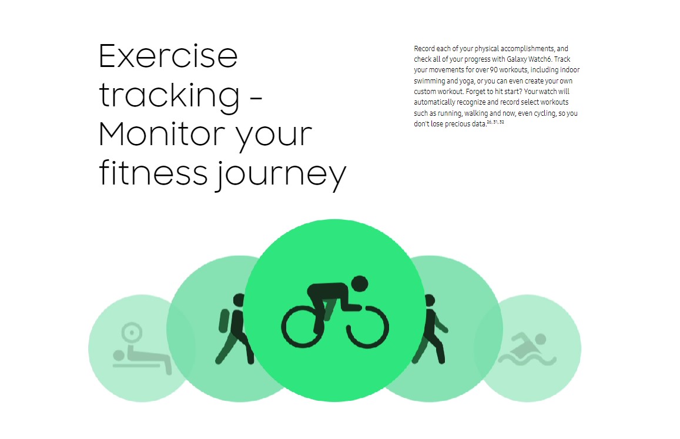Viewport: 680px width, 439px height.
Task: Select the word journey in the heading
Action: tap(281, 175)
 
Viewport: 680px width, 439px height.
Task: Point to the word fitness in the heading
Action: tap(153, 173)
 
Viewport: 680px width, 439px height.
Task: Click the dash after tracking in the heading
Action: tap(256, 98)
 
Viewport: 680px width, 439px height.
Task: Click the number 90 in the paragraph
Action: tap(494, 70)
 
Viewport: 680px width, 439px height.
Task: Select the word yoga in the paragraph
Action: tap(467, 81)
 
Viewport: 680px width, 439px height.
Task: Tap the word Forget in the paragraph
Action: tap(475, 92)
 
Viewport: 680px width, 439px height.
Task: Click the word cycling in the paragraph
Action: tap(545, 113)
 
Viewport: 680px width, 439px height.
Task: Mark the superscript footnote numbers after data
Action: tap(495, 122)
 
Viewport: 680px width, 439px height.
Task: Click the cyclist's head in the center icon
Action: tap(360, 284)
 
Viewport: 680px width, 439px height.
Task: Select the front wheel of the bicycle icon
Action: tap(367, 327)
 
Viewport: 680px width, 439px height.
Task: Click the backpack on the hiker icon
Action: tap(224, 321)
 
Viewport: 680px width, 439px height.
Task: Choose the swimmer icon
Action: tap(527, 349)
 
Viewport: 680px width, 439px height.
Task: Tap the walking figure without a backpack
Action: tap(430, 329)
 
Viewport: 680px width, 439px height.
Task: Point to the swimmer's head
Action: tap(540, 339)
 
